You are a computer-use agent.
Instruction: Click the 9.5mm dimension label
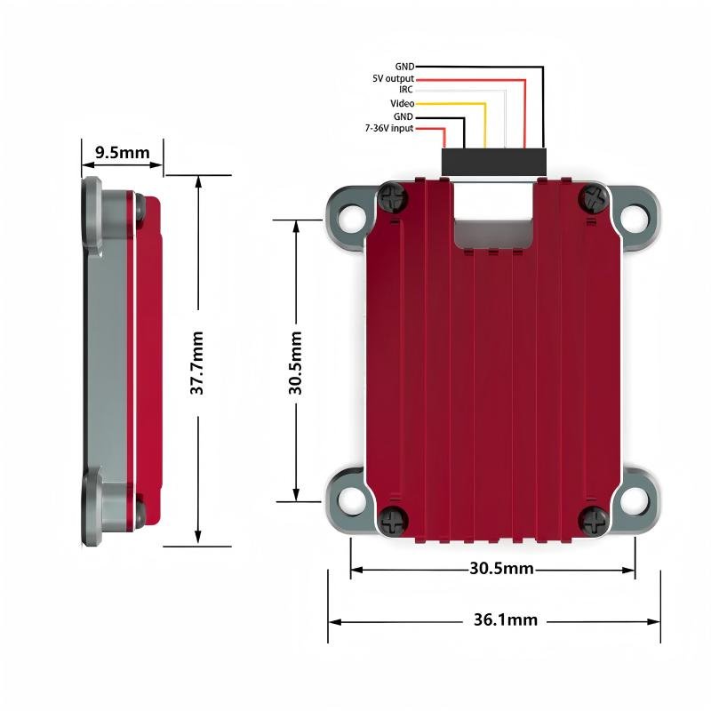point(123,152)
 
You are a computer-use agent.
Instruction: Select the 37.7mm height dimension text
point(196,363)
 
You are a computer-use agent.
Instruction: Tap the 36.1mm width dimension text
point(506,619)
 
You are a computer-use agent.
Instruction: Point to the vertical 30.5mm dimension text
point(295,363)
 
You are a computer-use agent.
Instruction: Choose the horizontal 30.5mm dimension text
point(501,568)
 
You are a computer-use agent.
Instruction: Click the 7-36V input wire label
point(389,128)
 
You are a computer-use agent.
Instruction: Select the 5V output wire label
point(393,78)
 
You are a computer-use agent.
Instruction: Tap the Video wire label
point(403,103)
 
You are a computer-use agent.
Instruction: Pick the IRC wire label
point(406,90)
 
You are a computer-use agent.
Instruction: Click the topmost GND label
point(404,67)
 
